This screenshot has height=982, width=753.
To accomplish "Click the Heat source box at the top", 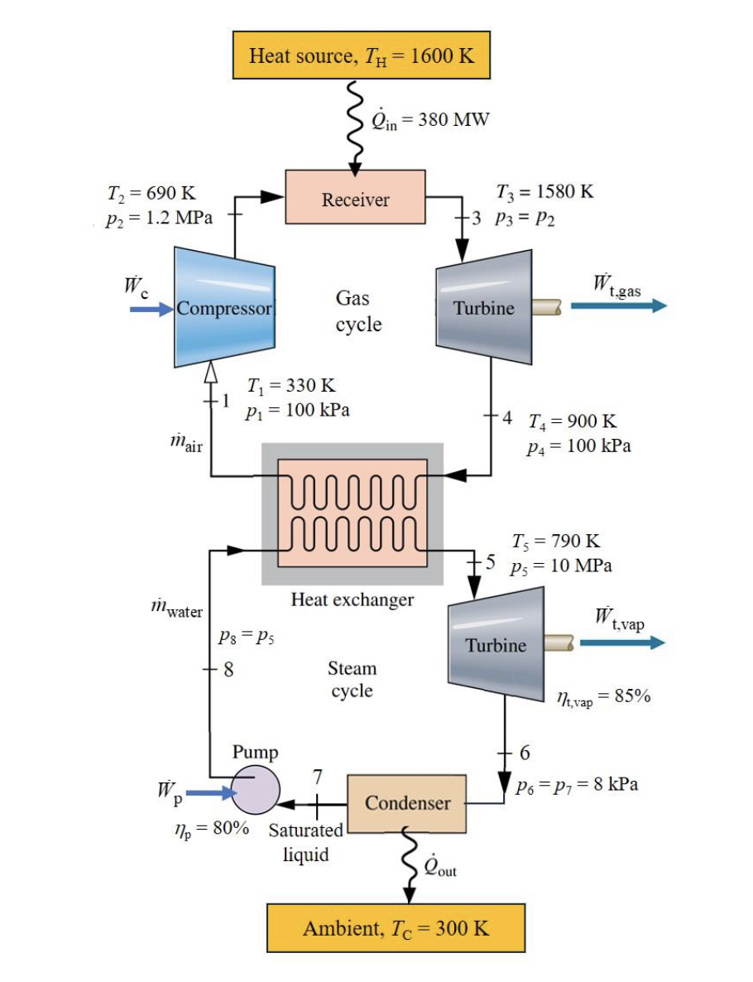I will (362, 55).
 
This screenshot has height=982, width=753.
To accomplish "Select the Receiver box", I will (355, 197).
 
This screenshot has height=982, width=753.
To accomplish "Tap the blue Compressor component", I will (224, 307).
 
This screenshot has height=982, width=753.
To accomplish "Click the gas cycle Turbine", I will (483, 307).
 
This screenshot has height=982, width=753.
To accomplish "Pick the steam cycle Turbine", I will (495, 644).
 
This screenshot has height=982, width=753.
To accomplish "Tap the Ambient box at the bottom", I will (396, 927).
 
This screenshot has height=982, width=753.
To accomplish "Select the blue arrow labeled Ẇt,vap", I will (621, 643).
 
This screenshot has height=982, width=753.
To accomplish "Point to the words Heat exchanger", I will (352, 599).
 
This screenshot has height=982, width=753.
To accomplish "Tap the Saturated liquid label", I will (306, 842).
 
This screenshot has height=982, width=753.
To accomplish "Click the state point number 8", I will (228, 669).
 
